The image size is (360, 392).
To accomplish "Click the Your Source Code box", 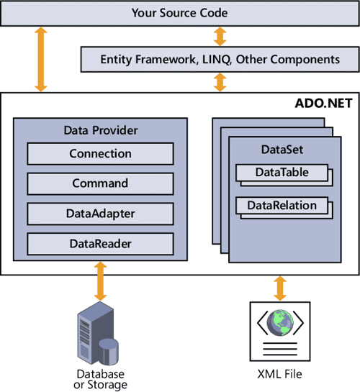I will click(179, 13).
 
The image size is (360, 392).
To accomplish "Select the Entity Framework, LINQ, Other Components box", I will click(220, 59).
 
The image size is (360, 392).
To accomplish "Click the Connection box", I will click(100, 153).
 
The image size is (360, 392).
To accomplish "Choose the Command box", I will click(100, 183).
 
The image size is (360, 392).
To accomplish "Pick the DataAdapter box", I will click(100, 214).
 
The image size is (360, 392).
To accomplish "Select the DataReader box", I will click(100, 243).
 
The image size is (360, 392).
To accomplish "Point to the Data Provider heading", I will click(100, 131).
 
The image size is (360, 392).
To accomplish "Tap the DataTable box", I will click(282, 173).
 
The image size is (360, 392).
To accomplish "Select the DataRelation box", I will click(282, 206).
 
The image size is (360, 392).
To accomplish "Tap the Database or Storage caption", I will click(100, 379).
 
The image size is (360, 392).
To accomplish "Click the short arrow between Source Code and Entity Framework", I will click(219, 36).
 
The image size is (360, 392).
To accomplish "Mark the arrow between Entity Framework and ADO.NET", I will click(219, 81).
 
